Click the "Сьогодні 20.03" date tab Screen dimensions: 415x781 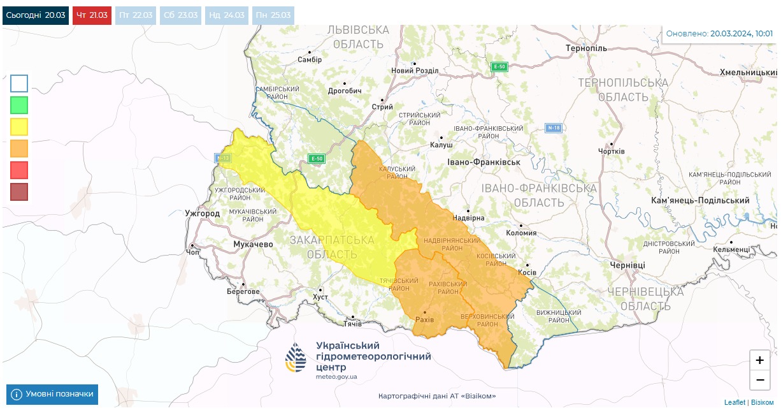36,15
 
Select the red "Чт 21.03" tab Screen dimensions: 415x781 92,15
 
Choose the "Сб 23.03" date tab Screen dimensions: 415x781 180,15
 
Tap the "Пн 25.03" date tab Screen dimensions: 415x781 273,15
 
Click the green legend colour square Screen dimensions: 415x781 19,105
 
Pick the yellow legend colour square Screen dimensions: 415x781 19,126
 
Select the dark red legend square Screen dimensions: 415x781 19,191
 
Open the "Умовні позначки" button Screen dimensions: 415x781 52,394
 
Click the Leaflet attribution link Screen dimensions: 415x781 735,402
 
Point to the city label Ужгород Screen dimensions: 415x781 202,213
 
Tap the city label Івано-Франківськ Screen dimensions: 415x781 484,162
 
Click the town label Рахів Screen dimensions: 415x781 424,319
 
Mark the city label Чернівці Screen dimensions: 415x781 627,265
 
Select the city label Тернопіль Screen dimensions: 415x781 586,48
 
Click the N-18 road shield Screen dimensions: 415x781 554,128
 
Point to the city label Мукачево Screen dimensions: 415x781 253,244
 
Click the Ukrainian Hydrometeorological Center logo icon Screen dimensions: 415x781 296,358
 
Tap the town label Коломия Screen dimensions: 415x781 521,233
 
